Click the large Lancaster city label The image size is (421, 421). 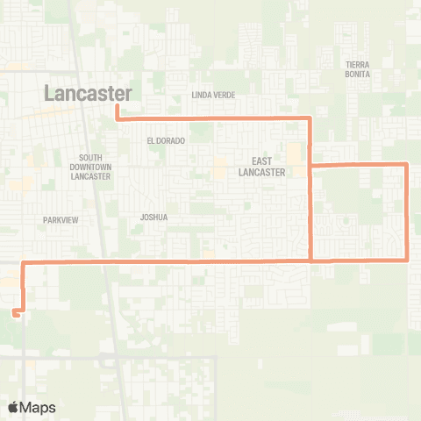click(89, 93)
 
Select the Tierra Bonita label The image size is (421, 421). click(359, 70)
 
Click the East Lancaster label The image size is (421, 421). click(260, 167)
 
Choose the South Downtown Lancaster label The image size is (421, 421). click(90, 167)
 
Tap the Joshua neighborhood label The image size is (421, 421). click(153, 217)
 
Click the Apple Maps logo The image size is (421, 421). click(32, 407)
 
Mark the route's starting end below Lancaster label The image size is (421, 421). click(117, 108)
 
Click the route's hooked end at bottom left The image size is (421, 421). click(15, 310)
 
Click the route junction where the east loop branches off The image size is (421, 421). click(311, 164)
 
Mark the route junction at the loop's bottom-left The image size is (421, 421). click(311, 260)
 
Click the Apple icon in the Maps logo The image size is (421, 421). click(13, 407)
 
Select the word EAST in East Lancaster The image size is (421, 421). click(260, 161)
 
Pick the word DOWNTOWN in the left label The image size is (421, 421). click(90, 167)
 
